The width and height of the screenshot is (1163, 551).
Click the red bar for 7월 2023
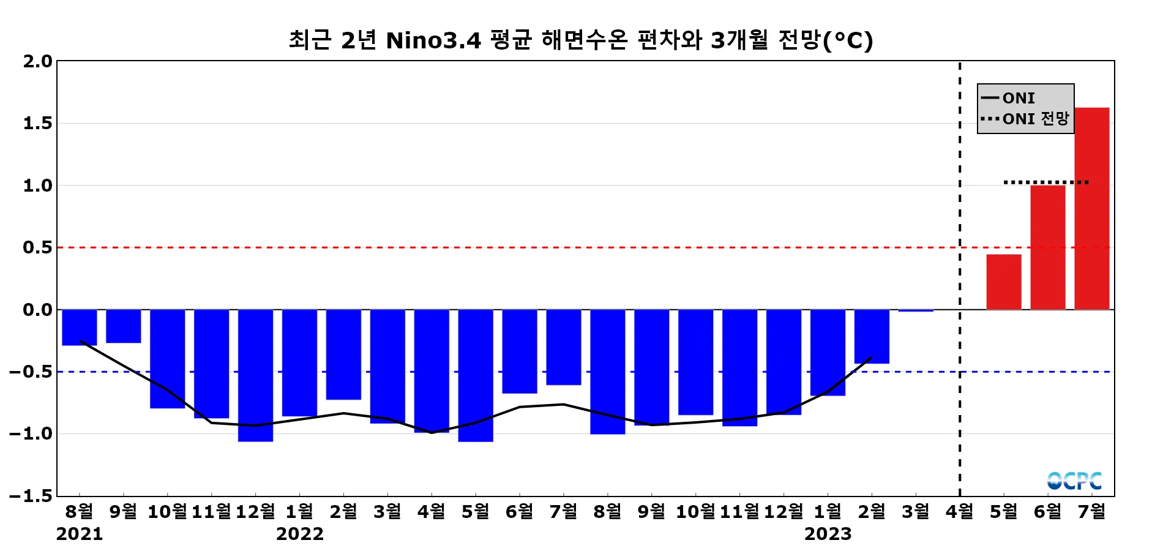point(1091,208)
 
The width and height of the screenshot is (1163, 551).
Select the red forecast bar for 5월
point(1003,282)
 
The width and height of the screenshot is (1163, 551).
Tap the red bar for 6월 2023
point(1047,247)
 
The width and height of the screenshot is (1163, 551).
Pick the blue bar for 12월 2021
point(255,375)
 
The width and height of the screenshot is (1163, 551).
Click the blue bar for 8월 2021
point(80,327)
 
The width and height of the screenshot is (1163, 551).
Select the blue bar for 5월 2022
point(476,375)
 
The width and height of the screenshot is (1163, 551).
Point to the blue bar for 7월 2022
point(563,347)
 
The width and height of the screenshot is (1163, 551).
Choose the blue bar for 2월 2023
point(872,336)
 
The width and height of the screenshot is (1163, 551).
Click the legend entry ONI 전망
point(1035,119)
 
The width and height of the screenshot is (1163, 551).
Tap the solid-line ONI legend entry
point(1018,98)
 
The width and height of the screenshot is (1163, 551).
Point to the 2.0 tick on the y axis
point(38,61)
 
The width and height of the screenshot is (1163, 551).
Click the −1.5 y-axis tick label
point(31,496)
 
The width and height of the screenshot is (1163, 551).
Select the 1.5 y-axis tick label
point(38,124)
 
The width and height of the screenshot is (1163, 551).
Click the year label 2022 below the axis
point(299,534)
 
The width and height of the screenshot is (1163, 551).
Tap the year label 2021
point(80,534)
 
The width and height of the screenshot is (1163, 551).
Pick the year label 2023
point(828,534)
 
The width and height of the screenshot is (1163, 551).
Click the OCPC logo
point(1074,481)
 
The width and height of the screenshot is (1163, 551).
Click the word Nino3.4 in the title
point(433,40)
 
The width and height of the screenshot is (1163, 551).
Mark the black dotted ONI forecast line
point(1046,182)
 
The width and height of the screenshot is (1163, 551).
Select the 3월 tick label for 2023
point(915,511)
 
